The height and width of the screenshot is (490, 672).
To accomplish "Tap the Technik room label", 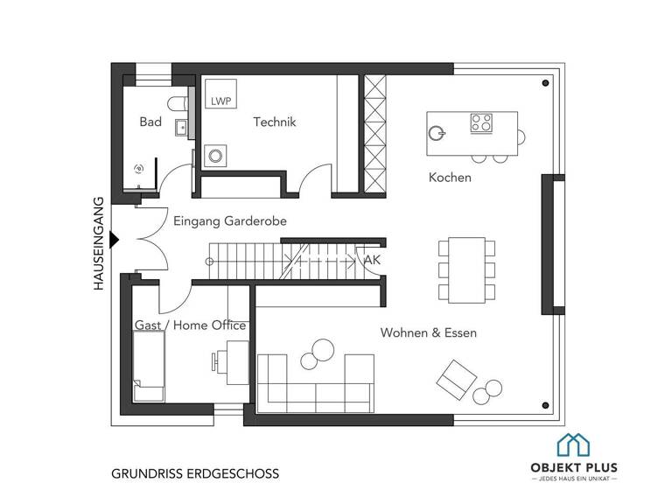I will coord(275,122).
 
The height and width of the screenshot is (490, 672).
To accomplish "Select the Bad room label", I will coord(150,122).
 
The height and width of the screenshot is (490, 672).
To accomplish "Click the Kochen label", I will coord(450,178).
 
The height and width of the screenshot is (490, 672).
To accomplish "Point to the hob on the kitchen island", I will coord(481,123).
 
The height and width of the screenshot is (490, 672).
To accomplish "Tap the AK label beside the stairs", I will coord(371,261).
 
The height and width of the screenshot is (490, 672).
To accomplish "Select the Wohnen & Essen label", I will coord(428,333).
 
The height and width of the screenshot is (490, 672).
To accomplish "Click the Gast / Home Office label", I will coord(190,325).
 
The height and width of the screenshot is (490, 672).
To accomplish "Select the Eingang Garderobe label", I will coord(230,221).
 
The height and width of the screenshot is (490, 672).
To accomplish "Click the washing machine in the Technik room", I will coord(214,157).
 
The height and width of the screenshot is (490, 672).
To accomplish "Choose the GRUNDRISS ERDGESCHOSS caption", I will coord(195,473).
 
